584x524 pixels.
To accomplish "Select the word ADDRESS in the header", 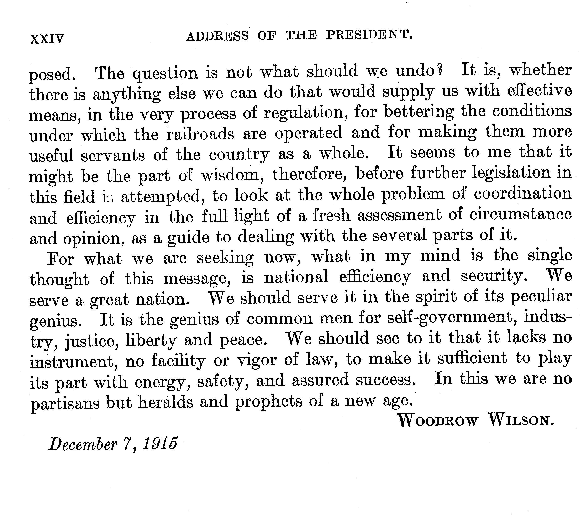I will coord(217,37).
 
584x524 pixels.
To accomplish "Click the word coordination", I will coord(522,194).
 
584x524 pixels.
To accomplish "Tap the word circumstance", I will coord(520,215).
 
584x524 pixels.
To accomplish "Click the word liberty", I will coord(151,341).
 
